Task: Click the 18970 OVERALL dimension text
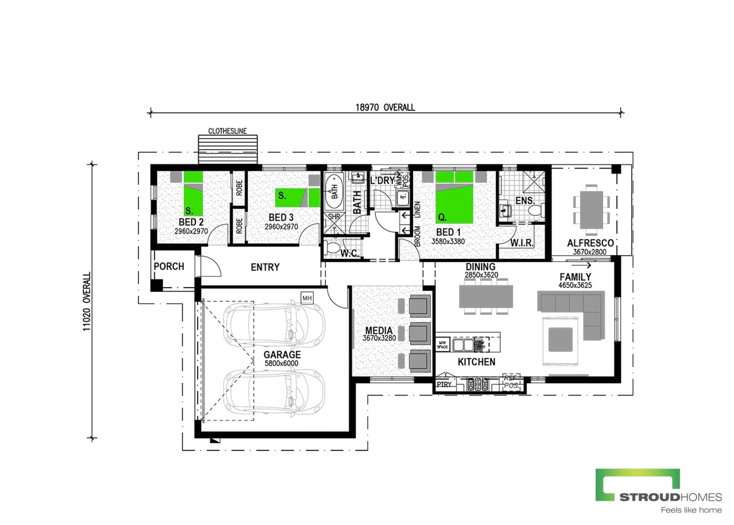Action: (x=385, y=107)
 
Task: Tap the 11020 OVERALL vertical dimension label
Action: (x=87, y=301)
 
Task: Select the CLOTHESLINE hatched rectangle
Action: (x=228, y=149)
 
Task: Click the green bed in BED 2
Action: (x=193, y=193)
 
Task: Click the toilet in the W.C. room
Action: (x=333, y=247)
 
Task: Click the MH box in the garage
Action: (x=307, y=298)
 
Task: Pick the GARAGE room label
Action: (x=282, y=355)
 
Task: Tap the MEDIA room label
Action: (x=379, y=331)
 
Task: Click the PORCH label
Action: (x=169, y=266)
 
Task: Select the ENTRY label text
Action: (x=265, y=267)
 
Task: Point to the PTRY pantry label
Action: (x=444, y=385)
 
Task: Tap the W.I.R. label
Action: (x=522, y=243)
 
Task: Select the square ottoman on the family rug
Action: (x=560, y=340)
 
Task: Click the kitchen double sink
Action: (x=463, y=345)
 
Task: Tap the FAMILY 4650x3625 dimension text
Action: (x=575, y=285)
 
